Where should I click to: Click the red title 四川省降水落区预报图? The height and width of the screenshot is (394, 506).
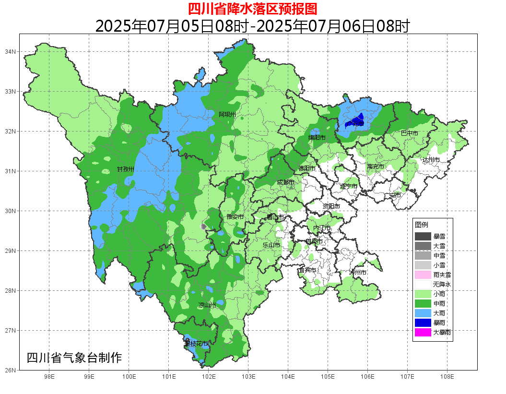click(x=253, y=8)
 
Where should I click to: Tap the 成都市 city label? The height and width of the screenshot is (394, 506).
click(x=285, y=182)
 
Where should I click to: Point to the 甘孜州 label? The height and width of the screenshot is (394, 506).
click(x=126, y=169)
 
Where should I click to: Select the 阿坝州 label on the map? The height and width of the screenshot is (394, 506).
click(x=227, y=114)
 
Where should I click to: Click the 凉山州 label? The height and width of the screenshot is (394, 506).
click(x=207, y=305)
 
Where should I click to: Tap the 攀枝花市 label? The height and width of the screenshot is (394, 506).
click(x=196, y=344)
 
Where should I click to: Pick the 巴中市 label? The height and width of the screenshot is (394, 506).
click(x=409, y=133)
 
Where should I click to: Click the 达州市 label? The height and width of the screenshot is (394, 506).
click(x=431, y=159)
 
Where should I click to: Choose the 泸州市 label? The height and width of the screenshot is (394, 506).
click(x=357, y=272)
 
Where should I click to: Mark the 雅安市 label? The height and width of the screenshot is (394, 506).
click(x=235, y=217)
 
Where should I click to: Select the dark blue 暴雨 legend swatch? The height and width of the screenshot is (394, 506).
click(x=423, y=322)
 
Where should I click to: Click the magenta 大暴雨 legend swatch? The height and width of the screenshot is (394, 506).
click(x=423, y=332)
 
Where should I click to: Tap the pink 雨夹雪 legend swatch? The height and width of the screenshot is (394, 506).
click(x=423, y=275)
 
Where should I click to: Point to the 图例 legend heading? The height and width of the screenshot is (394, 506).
click(x=421, y=225)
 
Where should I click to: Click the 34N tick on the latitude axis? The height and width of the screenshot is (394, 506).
click(x=11, y=51)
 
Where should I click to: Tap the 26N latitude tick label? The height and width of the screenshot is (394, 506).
click(x=11, y=370)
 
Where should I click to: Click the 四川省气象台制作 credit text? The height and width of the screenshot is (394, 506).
click(x=74, y=358)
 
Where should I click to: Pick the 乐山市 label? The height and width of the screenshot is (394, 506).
click(x=271, y=245)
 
